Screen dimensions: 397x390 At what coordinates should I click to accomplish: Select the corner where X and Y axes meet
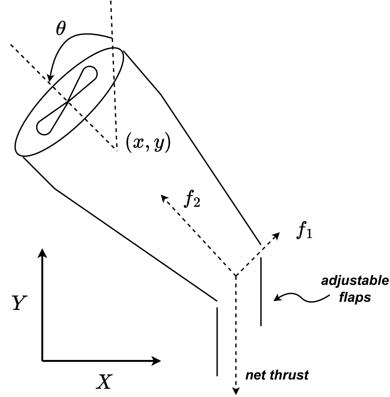42,360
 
